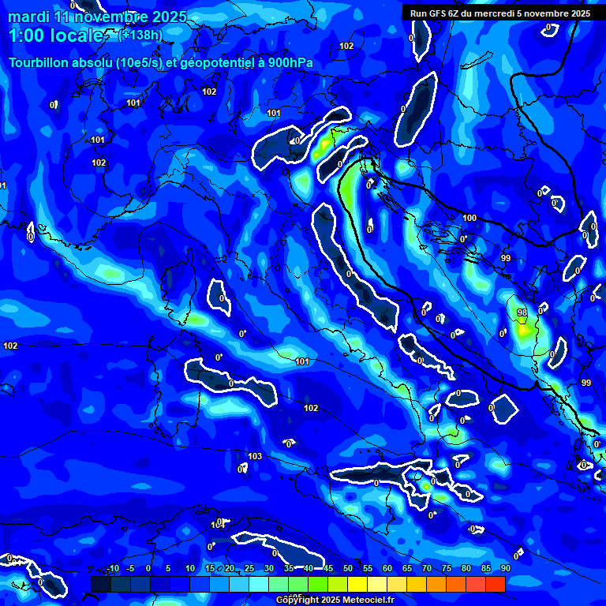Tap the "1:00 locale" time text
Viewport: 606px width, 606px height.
pyautogui.click(x=55, y=36)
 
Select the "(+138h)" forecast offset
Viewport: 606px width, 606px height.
pyautogui.click(x=141, y=35)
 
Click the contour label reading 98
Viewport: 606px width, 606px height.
pyautogui.click(x=522, y=312)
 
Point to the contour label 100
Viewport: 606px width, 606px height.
pyautogui.click(x=469, y=218)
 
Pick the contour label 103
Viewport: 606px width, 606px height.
pyautogui.click(x=255, y=457)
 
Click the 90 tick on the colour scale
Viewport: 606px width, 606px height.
pyautogui.click(x=505, y=569)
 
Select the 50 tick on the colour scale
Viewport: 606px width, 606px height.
pyautogui.click(x=348, y=569)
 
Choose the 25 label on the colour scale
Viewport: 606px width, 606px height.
pyautogui.click(x=249, y=569)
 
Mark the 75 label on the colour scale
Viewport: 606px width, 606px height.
pyautogui.click(x=447, y=569)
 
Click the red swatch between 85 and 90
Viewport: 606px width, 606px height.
pyautogui.click(x=496, y=584)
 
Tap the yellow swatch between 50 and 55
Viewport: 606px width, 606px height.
pyautogui.click(x=357, y=584)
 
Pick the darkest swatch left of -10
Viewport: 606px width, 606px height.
pyautogui.click(x=101, y=584)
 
